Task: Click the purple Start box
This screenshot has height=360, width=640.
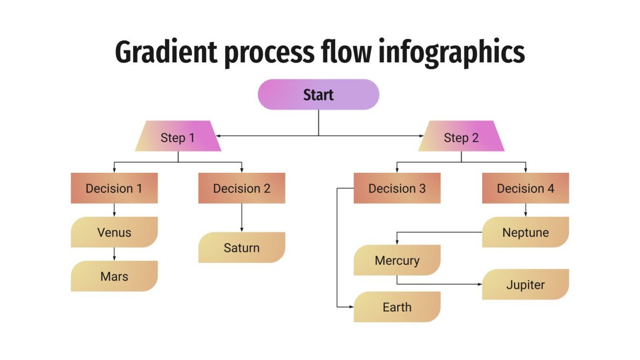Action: (x=319, y=95)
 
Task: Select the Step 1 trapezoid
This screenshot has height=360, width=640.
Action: (x=178, y=138)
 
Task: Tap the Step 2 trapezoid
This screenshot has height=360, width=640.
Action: (x=461, y=138)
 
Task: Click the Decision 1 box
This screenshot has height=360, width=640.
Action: (x=114, y=188)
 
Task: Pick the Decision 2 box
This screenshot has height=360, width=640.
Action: (x=241, y=188)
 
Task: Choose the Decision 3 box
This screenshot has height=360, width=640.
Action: (x=397, y=188)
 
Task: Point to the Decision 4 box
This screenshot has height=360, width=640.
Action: (x=526, y=188)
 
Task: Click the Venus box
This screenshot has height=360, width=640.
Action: (x=114, y=232)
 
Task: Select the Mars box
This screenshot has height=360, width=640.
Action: (x=114, y=276)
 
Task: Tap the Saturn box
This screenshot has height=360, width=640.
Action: (x=241, y=247)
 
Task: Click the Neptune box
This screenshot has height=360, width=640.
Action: (x=526, y=232)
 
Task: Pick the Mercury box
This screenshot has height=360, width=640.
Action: (x=397, y=260)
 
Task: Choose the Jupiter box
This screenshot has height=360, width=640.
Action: (x=526, y=285)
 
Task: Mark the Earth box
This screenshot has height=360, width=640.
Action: (x=397, y=307)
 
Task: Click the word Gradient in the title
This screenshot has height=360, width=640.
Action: (x=165, y=53)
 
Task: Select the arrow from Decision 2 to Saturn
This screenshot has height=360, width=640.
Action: (x=241, y=218)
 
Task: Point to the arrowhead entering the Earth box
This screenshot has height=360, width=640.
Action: (x=351, y=307)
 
